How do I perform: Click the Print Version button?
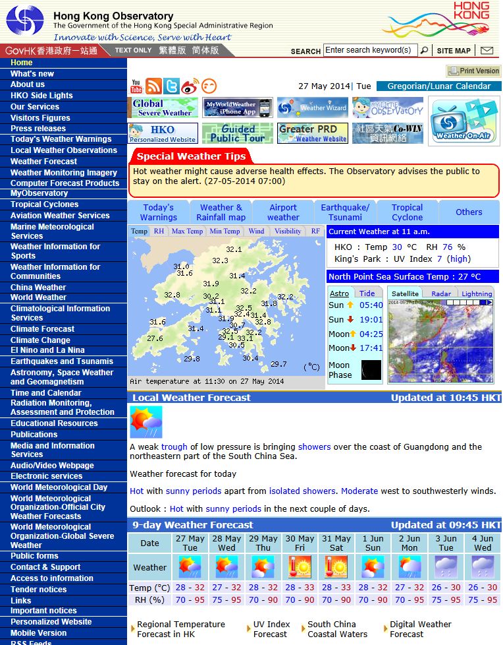[x=473, y=71]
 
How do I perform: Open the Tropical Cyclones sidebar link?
[x=44, y=204]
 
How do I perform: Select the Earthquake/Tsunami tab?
[x=345, y=212]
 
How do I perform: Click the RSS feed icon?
[x=153, y=86]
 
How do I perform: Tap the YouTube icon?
[x=136, y=86]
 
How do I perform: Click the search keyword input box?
[x=369, y=50]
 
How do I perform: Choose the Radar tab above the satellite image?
[x=440, y=293]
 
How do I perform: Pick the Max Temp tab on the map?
[x=187, y=231]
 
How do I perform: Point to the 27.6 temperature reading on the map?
[x=155, y=338]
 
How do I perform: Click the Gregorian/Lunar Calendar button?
[x=438, y=86]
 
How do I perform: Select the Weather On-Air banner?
[x=464, y=121]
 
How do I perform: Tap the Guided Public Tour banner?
[x=237, y=133]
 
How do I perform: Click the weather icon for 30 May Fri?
[x=300, y=567]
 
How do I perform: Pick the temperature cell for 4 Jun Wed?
[x=482, y=588]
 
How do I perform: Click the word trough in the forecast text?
[x=174, y=446]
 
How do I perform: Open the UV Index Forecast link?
[x=271, y=629]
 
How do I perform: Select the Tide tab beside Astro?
[x=367, y=293]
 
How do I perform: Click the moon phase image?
[x=371, y=370]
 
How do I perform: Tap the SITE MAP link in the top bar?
[x=454, y=51]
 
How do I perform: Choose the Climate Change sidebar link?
[x=40, y=340]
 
